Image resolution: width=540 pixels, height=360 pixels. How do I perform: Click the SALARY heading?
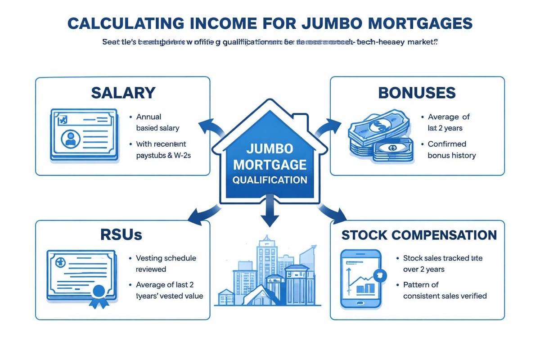(x=123, y=93)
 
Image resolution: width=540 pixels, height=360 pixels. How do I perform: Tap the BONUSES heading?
(x=417, y=93)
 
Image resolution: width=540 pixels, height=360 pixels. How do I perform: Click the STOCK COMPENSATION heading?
(x=419, y=235)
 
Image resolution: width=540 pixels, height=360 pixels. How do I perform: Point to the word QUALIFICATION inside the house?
(x=270, y=180)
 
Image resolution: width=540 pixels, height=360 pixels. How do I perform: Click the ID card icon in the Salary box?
(x=83, y=134)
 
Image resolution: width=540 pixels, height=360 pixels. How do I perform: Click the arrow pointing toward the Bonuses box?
(x=329, y=128)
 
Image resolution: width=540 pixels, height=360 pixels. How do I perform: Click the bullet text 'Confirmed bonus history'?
(x=451, y=150)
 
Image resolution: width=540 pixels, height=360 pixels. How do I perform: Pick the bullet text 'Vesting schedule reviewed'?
(x=166, y=264)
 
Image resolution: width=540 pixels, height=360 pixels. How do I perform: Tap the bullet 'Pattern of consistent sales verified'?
(x=445, y=290)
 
